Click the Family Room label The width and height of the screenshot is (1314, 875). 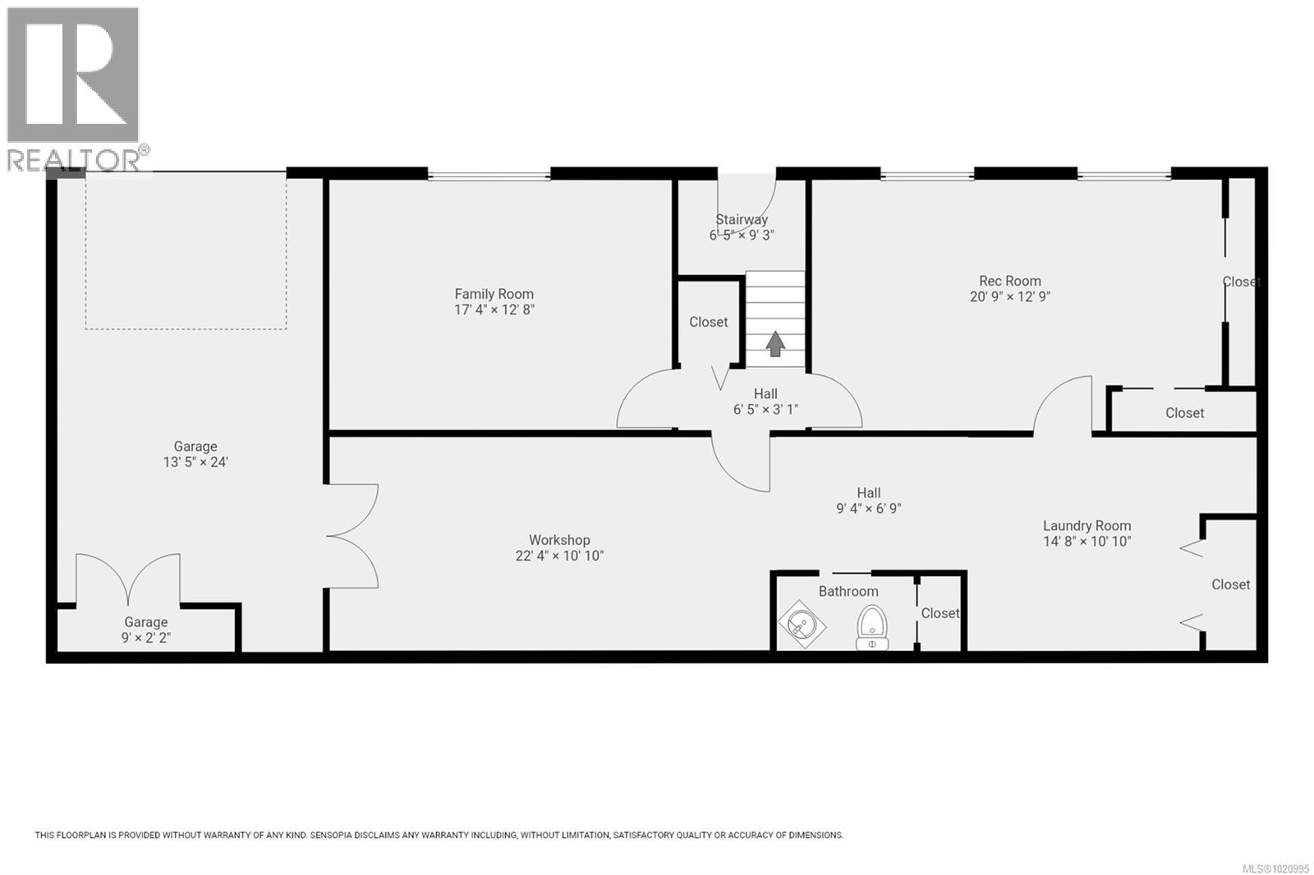(x=494, y=294)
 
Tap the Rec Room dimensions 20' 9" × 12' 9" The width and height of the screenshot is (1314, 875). (x=1009, y=297)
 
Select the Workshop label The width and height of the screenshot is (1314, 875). (x=558, y=540)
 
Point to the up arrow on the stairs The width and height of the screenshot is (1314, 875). (x=774, y=343)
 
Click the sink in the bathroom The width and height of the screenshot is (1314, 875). (x=801, y=625)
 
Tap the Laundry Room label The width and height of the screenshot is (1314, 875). (x=1087, y=525)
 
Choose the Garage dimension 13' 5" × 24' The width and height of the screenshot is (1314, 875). (x=195, y=462)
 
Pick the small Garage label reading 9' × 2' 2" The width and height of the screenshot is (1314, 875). (x=145, y=638)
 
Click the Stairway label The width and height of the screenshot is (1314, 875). (x=741, y=219)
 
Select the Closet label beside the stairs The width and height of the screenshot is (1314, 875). (x=708, y=322)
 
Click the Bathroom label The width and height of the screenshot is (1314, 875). (x=848, y=591)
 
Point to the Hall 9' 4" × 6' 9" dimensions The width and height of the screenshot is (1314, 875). (x=868, y=508)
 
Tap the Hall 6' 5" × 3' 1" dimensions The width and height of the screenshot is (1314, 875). (x=765, y=409)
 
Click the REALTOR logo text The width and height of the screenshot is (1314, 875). (x=74, y=160)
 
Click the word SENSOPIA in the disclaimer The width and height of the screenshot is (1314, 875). (x=334, y=836)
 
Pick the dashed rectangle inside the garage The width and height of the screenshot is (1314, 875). (x=186, y=250)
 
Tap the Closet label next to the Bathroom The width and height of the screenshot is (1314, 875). (x=940, y=613)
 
